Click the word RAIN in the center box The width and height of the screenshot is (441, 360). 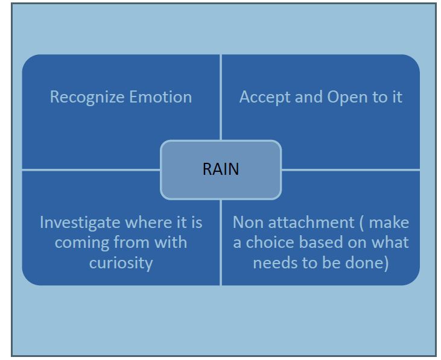click(x=221, y=169)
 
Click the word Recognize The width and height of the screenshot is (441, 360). click(x=87, y=98)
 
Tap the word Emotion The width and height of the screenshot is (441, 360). click(x=160, y=97)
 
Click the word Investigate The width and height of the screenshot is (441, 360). click(x=80, y=223)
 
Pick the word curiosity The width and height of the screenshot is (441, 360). click(x=121, y=264)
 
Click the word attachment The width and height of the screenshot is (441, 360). click(x=311, y=223)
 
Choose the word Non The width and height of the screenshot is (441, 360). click(x=248, y=223)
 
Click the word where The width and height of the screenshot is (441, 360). click(x=148, y=223)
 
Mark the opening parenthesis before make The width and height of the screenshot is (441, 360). click(x=362, y=223)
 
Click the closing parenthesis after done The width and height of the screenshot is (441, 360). click(x=386, y=264)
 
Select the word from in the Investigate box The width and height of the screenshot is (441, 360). click(x=132, y=242)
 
